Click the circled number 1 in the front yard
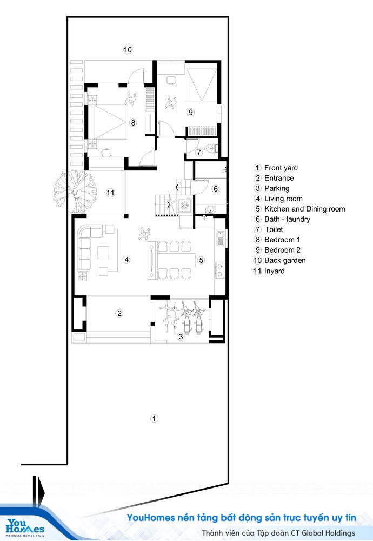tap(154, 418)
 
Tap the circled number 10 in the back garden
tap(128, 50)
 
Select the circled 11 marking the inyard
tap(110, 193)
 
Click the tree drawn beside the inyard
tap(75, 192)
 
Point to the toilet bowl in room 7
tap(211, 149)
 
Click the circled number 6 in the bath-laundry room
tap(216, 189)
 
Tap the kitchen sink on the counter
tap(220, 239)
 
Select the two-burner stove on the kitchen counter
tap(220, 269)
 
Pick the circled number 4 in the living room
tap(126, 260)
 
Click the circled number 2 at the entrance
tap(119, 313)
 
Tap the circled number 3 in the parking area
tap(181, 337)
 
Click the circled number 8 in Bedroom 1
tap(133, 122)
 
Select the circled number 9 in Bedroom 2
tap(191, 112)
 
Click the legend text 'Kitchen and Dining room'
tap(305, 209)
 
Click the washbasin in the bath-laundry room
tap(210, 209)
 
